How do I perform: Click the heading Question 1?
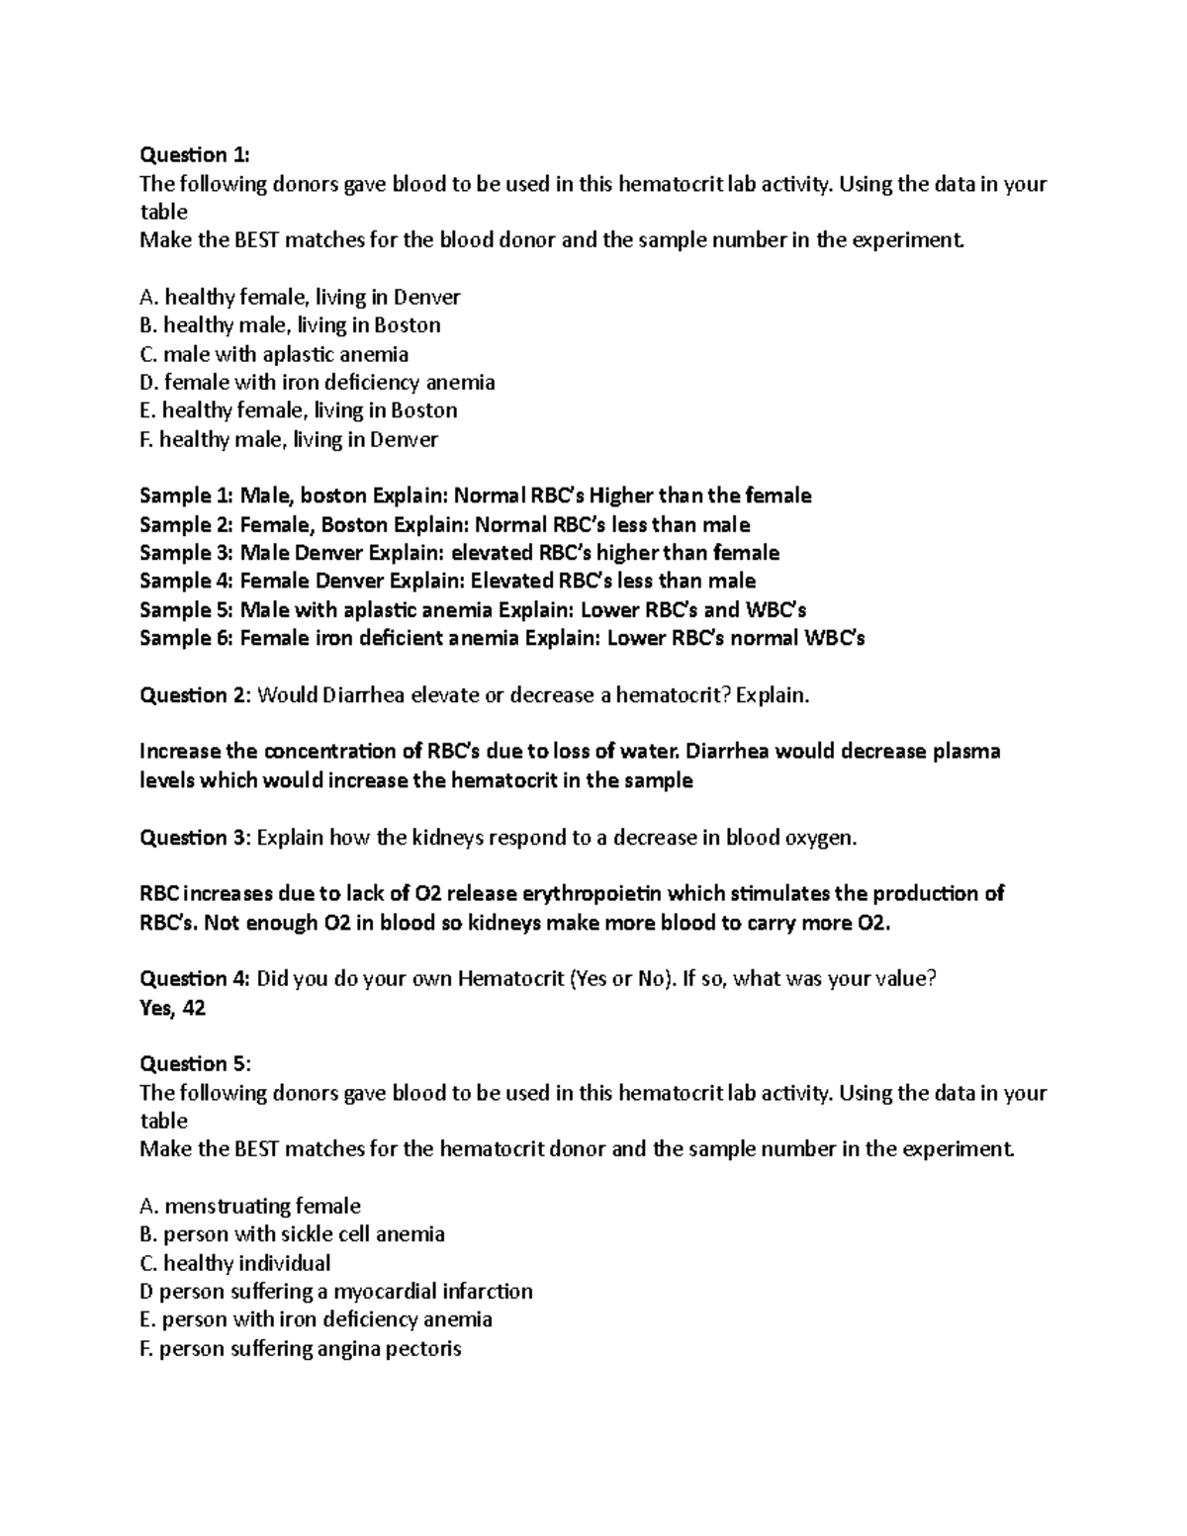[x=195, y=154]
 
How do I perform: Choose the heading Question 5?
[x=195, y=1063]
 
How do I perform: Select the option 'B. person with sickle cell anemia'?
[x=292, y=1234]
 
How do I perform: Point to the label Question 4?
[x=195, y=978]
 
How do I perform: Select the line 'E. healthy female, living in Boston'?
[x=298, y=410]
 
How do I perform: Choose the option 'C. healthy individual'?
[x=235, y=1263]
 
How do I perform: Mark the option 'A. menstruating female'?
[x=250, y=1206]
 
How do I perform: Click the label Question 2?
[x=195, y=695]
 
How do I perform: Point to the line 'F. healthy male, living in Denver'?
[x=289, y=439]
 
